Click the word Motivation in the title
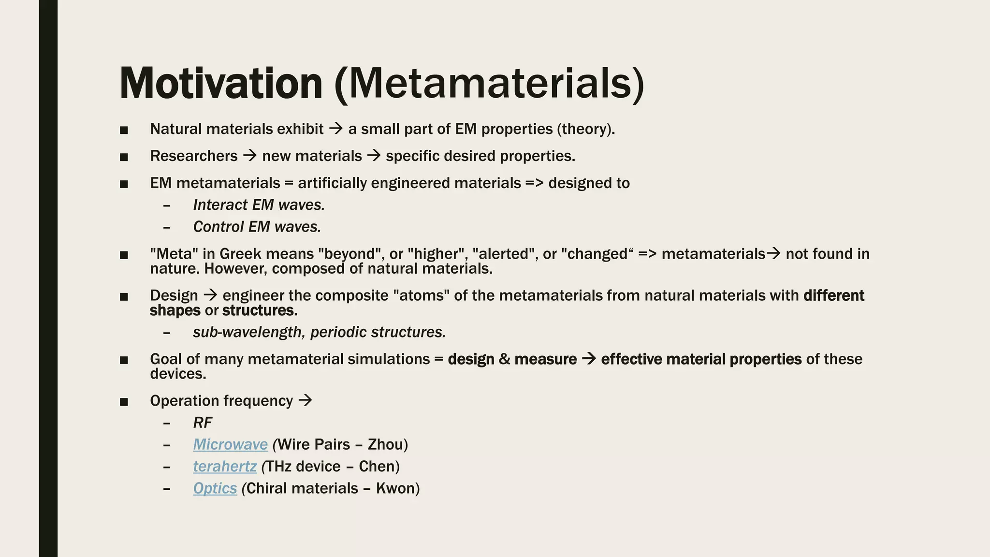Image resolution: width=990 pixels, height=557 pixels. pyautogui.click(x=220, y=84)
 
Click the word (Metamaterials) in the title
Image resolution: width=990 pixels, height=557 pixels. pyautogui.click(x=489, y=84)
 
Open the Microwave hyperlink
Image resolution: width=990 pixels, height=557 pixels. pyautogui.click(x=230, y=444)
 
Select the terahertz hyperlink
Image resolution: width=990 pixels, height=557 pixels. pyautogui.click(x=225, y=466)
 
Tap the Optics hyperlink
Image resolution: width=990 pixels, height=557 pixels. pyautogui.click(x=215, y=488)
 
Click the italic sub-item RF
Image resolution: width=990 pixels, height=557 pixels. pyautogui.click(x=202, y=423)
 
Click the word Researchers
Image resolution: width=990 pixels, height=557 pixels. pyautogui.click(x=193, y=156)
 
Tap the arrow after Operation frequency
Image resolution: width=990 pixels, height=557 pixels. pyautogui.click(x=305, y=400)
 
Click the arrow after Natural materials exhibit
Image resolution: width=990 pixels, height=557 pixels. pyautogui.click(x=335, y=129)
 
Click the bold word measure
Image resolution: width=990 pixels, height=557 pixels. pyautogui.click(x=545, y=359)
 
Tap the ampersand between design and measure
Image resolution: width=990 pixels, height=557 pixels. pyautogui.click(x=504, y=359)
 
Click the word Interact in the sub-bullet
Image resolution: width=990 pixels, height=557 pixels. pyautogui.click(x=220, y=205)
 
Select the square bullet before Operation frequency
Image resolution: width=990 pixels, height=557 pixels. pyautogui.click(x=124, y=401)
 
